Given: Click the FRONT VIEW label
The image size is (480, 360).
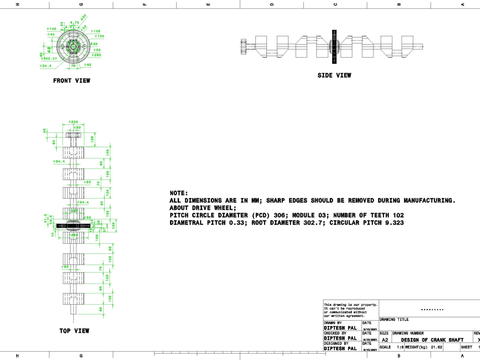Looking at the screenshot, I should [x=72, y=81].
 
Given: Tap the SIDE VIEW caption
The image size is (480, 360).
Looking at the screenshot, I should [x=334, y=75].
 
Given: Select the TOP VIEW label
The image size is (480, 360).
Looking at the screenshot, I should [x=74, y=331].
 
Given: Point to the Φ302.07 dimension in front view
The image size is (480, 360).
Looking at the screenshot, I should [x=48, y=59].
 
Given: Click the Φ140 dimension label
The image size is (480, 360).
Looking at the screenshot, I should [x=51, y=29].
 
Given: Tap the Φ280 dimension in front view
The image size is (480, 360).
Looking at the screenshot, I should [x=96, y=55].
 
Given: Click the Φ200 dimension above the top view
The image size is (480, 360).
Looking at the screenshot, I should [x=73, y=122].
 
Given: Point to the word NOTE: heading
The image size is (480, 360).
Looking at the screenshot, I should [x=179, y=193].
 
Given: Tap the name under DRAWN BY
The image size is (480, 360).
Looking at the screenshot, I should [x=340, y=328].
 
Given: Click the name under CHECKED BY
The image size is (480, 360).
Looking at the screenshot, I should [x=340, y=338].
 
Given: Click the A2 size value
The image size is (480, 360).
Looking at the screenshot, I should [x=384, y=339].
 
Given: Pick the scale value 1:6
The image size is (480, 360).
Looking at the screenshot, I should [x=400, y=347].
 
